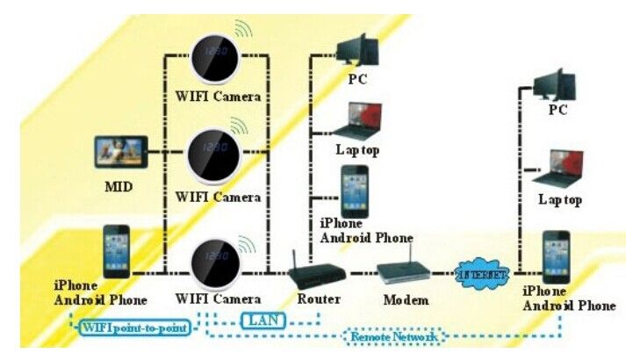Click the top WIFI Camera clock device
pos(215,59)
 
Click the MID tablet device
pos(121,152)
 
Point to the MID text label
pos(119,186)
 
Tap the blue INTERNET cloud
pos(482,275)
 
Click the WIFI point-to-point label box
pos(134,328)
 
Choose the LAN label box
pos(263,320)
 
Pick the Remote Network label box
pos(393,337)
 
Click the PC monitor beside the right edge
pos(555,85)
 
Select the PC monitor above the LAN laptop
pos(357,50)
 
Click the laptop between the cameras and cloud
pos(358,120)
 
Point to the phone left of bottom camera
pos(117,251)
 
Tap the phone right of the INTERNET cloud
pos(556,257)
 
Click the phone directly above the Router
pos(355,191)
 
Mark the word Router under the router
pos(319,299)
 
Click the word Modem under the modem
pos(406,299)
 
